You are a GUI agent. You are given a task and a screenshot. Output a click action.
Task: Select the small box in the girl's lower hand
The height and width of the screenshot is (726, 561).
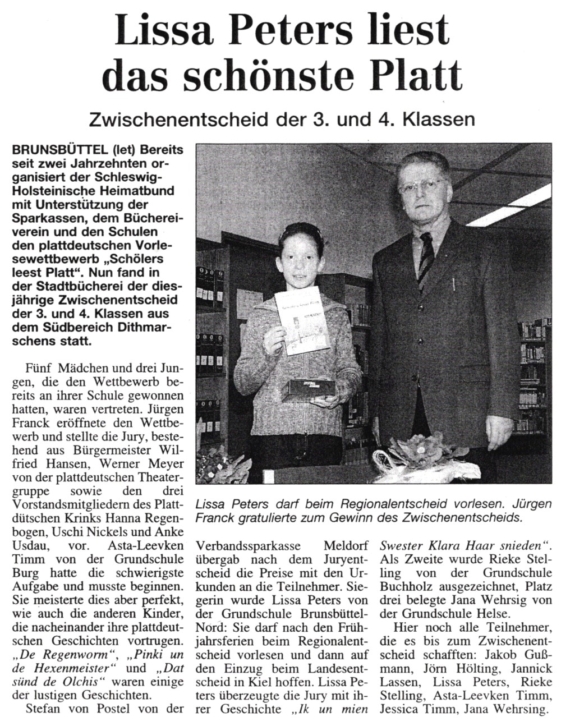pyautogui.click(x=310, y=389)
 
